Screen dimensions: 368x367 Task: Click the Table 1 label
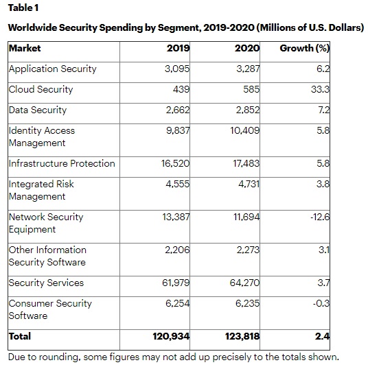point(23,8)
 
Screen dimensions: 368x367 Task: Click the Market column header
point(25,48)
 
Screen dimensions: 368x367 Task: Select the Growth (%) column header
point(305,48)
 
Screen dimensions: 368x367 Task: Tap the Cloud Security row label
point(41,89)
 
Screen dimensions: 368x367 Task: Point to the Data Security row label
point(38,110)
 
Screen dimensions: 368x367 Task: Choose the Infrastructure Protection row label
point(62,163)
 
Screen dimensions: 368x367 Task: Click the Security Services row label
point(46,283)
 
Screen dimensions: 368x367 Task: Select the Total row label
point(20,336)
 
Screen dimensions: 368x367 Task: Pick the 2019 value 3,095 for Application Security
point(177,69)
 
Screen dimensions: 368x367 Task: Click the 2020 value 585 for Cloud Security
point(251,89)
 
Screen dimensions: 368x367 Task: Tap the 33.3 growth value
point(321,89)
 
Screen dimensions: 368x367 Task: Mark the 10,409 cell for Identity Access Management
point(245,130)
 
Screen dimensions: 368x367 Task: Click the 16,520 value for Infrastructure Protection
point(175,163)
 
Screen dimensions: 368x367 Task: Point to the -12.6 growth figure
point(320,217)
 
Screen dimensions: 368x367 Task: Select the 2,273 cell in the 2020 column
point(248,250)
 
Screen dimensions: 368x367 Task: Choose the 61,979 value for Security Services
point(176,283)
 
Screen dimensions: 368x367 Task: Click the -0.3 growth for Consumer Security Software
point(321,303)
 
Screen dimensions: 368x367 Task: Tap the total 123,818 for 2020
point(242,336)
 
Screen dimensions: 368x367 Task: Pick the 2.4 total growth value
point(323,336)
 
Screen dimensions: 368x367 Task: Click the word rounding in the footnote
point(58,357)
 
